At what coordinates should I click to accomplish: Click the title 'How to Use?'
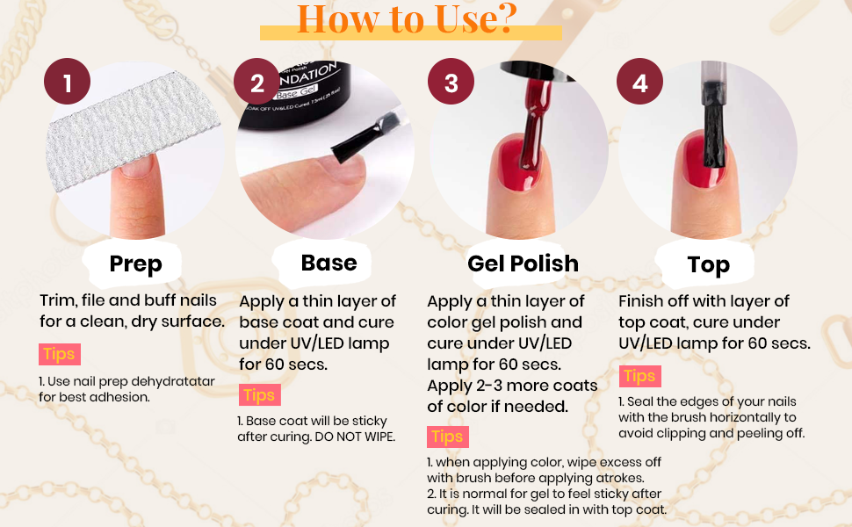(406, 18)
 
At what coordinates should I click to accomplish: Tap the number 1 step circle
(68, 83)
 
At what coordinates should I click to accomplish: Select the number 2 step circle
(256, 83)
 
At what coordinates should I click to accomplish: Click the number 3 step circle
(451, 83)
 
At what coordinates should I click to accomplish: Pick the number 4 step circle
(639, 83)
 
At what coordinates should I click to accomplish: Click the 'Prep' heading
(135, 263)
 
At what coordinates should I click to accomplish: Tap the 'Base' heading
(329, 263)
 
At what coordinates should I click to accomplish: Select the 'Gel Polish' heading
(523, 263)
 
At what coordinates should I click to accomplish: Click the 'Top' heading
(708, 264)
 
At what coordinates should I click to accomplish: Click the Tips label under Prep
(59, 354)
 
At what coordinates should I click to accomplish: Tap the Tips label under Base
(259, 394)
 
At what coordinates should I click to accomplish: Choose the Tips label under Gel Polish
(448, 437)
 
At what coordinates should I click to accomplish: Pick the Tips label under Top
(639, 376)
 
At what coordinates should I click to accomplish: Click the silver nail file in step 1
(132, 132)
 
